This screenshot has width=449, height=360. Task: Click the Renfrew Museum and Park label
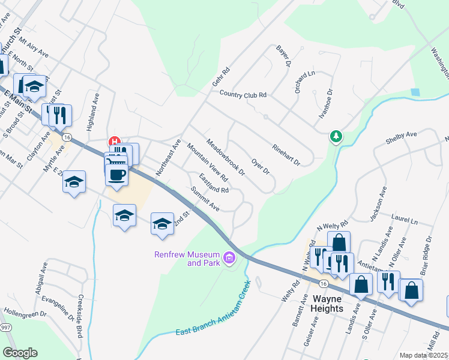click(186, 259)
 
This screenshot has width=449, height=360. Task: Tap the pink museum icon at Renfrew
click(229, 259)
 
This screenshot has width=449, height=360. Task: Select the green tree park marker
click(337, 137)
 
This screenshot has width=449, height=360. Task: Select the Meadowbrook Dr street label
click(226, 158)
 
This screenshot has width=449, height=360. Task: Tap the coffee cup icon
click(116, 175)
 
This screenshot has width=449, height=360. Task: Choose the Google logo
click(20, 353)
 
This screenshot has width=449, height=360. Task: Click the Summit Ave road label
click(205, 199)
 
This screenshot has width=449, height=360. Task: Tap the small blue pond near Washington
click(415, 92)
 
